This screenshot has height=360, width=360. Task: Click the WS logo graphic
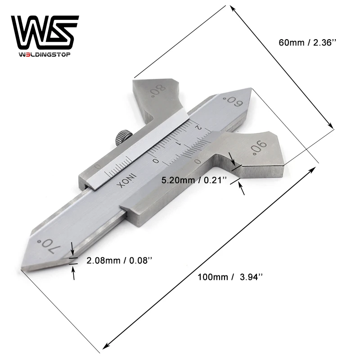[x=45, y=32]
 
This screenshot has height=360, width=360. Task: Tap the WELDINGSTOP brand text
[x=45, y=54]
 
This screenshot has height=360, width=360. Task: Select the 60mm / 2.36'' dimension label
[x=307, y=42]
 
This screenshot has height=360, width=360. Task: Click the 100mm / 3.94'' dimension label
[x=230, y=277]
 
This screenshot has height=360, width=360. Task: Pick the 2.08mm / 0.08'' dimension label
[x=119, y=261]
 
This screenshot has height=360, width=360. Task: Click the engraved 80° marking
[x=157, y=91]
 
